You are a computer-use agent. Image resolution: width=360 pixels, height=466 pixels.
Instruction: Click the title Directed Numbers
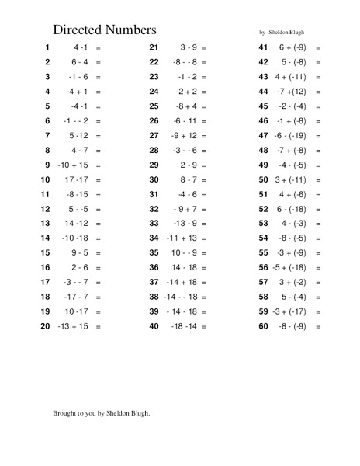pos(105,30)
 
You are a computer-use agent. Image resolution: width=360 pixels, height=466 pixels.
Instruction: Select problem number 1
pos(47,47)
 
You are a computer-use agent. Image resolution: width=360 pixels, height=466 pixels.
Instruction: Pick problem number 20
pos(45,327)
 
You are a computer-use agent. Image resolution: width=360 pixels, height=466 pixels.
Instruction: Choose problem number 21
pos(154,47)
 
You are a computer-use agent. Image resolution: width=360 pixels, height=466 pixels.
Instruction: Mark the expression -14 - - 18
pos(182,297)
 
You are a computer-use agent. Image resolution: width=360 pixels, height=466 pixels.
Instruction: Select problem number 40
pos(154,327)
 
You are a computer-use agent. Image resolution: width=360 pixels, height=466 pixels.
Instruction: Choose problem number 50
pos(262,180)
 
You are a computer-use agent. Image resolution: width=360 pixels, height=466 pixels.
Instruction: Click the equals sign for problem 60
pos(318,327)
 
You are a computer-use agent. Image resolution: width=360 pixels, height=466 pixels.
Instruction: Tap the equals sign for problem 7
pos(99,136)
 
